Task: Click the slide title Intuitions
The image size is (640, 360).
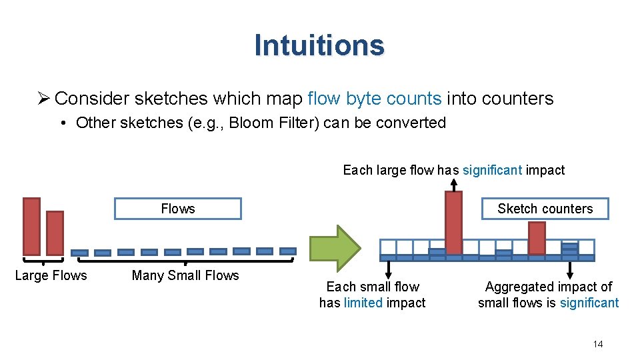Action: (319, 45)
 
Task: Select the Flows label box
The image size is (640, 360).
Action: (178, 209)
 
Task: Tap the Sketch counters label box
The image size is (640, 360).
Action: (545, 209)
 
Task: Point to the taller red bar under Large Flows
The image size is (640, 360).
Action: (31, 227)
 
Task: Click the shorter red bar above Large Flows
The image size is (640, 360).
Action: (55, 233)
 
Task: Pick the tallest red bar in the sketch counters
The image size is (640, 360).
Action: (453, 223)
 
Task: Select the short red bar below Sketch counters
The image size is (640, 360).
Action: (537, 238)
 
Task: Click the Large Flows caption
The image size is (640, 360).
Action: (51, 275)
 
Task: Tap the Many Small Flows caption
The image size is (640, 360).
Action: (185, 275)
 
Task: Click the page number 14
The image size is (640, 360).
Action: (597, 344)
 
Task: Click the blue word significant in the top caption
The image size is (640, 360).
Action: (492, 170)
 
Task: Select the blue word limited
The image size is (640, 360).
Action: (363, 303)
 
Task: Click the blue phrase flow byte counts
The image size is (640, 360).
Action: (375, 99)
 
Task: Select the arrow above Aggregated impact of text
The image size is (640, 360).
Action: (569, 269)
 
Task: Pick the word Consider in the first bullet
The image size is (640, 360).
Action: (91, 99)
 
